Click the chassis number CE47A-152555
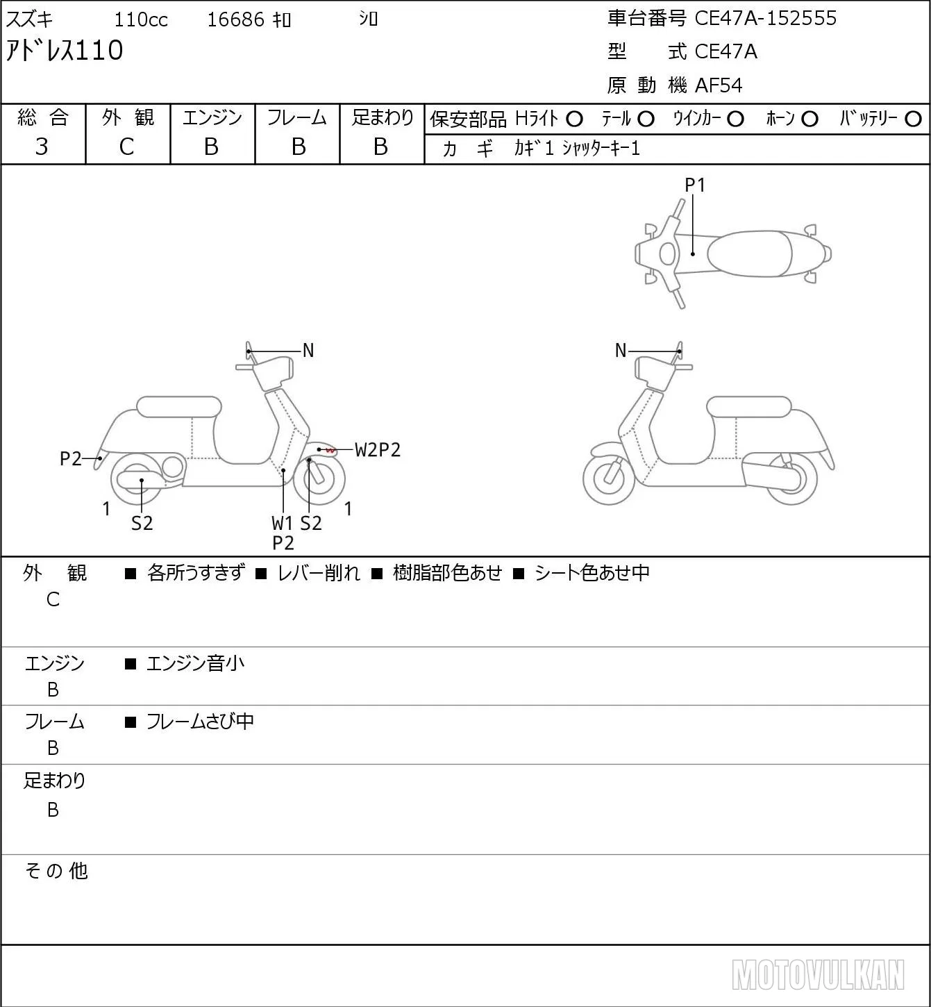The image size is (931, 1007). tap(765, 18)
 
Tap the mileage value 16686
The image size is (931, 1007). tap(235, 19)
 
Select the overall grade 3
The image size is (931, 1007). tap(42, 147)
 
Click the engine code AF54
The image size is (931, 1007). tap(719, 85)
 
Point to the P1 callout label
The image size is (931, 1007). tap(695, 185)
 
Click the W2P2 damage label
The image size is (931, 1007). tap(378, 450)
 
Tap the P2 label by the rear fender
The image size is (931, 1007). tap(71, 458)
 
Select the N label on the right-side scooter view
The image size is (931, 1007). tap(621, 351)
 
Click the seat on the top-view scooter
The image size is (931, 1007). tap(749, 253)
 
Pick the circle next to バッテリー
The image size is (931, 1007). tap(913, 119)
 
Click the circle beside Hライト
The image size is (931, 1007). tap(574, 119)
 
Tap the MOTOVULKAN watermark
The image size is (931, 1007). tap(818, 974)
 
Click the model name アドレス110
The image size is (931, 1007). tap(65, 51)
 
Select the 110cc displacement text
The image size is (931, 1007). tap(140, 19)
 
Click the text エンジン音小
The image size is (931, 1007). tap(195, 663)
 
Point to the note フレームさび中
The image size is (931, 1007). tap(200, 722)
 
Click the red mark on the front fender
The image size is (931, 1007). tap(330, 450)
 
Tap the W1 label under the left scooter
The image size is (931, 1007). tap(283, 523)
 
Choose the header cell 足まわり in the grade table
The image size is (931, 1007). tap(383, 117)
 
